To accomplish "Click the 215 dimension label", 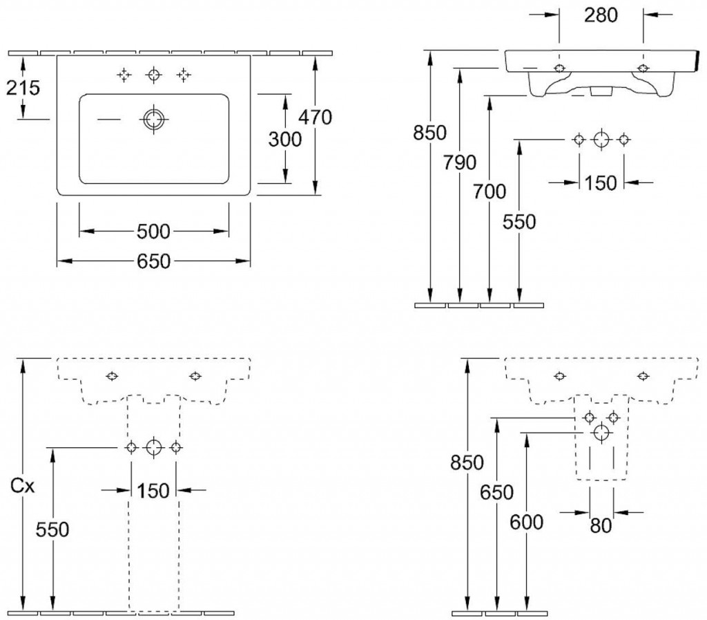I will (x=23, y=88).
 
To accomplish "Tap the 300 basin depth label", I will (x=284, y=139).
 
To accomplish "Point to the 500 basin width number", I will (x=153, y=230).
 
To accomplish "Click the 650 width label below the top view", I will (x=153, y=261).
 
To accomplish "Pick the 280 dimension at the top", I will (x=600, y=15).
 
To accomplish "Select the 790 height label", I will (x=461, y=162).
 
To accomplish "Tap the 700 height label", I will (x=490, y=191).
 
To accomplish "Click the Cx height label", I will (x=23, y=487).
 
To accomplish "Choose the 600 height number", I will (x=526, y=522).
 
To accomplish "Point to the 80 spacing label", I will (x=601, y=526).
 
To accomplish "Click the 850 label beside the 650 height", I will (x=467, y=462).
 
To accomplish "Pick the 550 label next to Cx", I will (x=52, y=529).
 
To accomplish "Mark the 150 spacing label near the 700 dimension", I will (x=601, y=183).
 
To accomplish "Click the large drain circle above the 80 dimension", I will (x=601, y=433).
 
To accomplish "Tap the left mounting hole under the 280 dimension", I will (x=559, y=68).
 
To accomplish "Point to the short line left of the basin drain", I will (x=108, y=119).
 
